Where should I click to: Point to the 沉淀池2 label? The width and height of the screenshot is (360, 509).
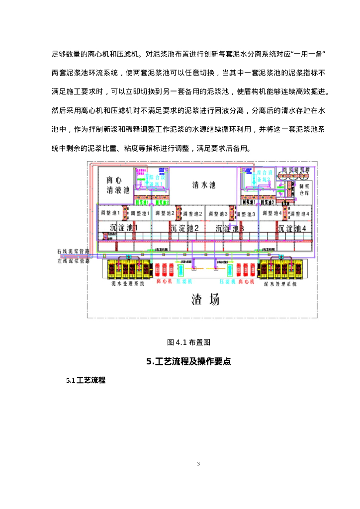184,228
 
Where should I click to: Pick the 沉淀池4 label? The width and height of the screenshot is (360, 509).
292,228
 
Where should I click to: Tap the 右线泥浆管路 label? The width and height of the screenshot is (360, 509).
74,253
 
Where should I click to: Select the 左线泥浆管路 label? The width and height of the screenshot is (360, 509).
74,259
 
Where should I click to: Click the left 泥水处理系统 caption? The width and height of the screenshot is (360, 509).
127,284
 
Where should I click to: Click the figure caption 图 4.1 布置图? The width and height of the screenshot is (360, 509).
189,342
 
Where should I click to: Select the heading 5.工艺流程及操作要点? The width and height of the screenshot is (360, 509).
188,362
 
